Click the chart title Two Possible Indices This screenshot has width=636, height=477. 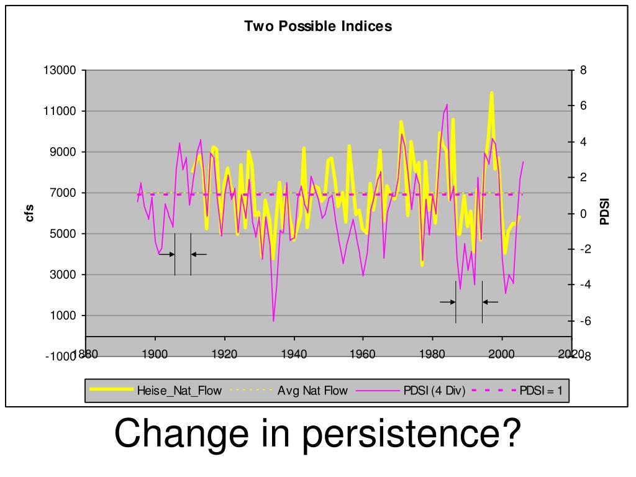(x=317, y=26)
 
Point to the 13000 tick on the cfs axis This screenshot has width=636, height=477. (x=60, y=71)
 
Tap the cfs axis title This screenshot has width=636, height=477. (x=29, y=212)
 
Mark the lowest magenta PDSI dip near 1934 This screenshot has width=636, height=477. (x=273, y=321)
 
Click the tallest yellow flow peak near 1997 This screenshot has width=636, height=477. (x=492, y=93)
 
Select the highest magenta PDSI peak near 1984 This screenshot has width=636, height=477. (x=447, y=105)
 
